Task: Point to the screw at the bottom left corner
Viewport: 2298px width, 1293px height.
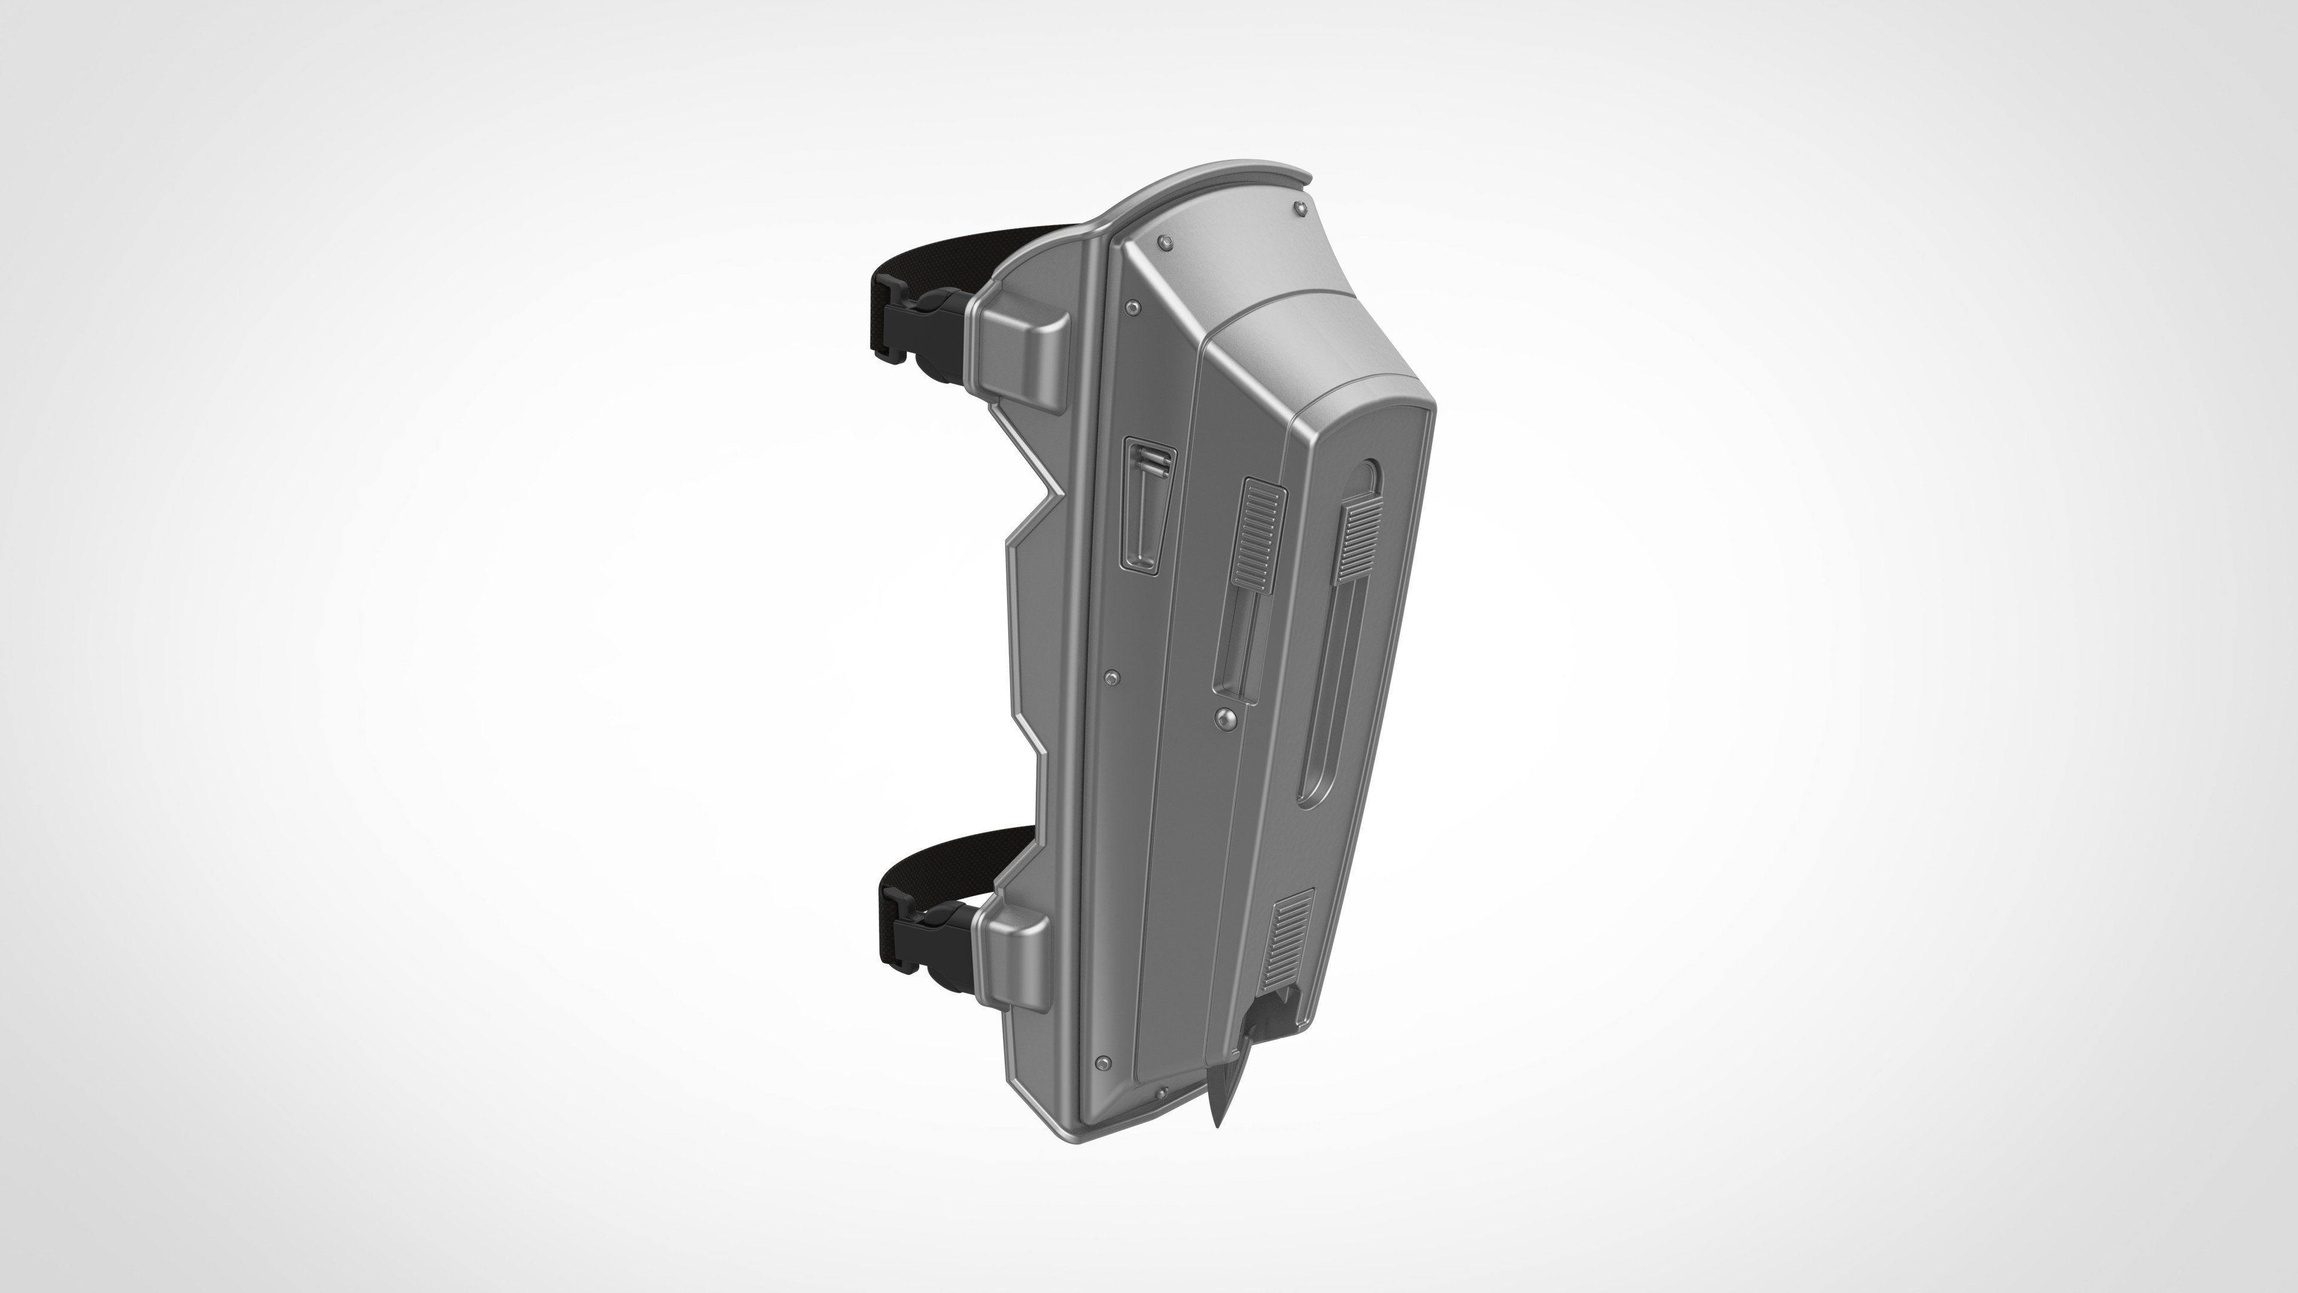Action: pos(1104,1063)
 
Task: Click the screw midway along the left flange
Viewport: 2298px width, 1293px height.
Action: pos(1111,678)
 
